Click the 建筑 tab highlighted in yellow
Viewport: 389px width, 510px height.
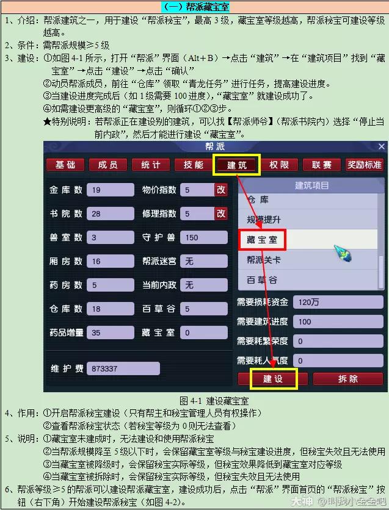pyautogui.click(x=237, y=165)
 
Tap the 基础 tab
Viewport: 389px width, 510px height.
pyautogui.click(x=65, y=165)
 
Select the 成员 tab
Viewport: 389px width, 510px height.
pyautogui.click(x=107, y=165)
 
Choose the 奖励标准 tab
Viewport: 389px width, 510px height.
pyautogui.click(x=364, y=165)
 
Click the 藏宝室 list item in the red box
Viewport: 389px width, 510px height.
pyautogui.click(x=262, y=240)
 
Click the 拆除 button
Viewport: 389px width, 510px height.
pyautogui.click(x=347, y=379)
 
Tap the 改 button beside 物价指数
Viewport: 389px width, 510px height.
pyautogui.click(x=220, y=190)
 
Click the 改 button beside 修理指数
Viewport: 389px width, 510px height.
pyautogui.click(x=220, y=214)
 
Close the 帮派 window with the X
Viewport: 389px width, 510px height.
pyautogui.click(x=382, y=146)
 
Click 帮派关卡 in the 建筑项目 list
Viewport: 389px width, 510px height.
pyautogui.click(x=263, y=260)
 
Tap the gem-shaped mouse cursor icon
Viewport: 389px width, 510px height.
pyautogui.click(x=343, y=254)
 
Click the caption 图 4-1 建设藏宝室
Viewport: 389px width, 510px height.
pyautogui.click(x=214, y=401)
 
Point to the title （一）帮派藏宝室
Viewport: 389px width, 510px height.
pyautogui.click(x=195, y=7)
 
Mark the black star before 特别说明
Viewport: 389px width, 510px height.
pyautogui.click(x=47, y=121)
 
